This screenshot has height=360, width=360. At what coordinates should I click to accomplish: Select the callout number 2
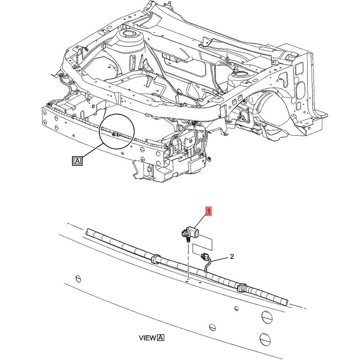click(232, 257)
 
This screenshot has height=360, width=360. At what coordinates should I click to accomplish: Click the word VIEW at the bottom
click(147, 338)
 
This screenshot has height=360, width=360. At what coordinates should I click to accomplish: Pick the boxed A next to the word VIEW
click(161, 338)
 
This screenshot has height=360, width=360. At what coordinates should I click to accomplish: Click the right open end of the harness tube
click(285, 302)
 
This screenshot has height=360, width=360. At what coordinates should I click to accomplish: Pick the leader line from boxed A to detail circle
click(94, 152)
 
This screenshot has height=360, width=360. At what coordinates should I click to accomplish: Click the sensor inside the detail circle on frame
click(114, 134)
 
